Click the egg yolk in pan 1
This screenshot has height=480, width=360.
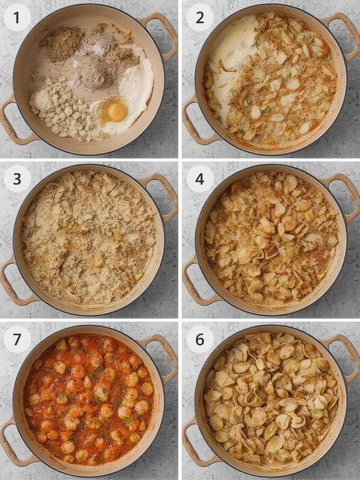(x=116, y=112)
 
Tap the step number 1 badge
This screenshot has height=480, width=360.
(x=17, y=17)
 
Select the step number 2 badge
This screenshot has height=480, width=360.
(x=200, y=17)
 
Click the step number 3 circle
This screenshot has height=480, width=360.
(x=17, y=179)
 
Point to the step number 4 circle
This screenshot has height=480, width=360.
(x=200, y=179)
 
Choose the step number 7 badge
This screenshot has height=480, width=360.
(x=17, y=339)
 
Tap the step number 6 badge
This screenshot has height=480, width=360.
(x=200, y=339)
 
